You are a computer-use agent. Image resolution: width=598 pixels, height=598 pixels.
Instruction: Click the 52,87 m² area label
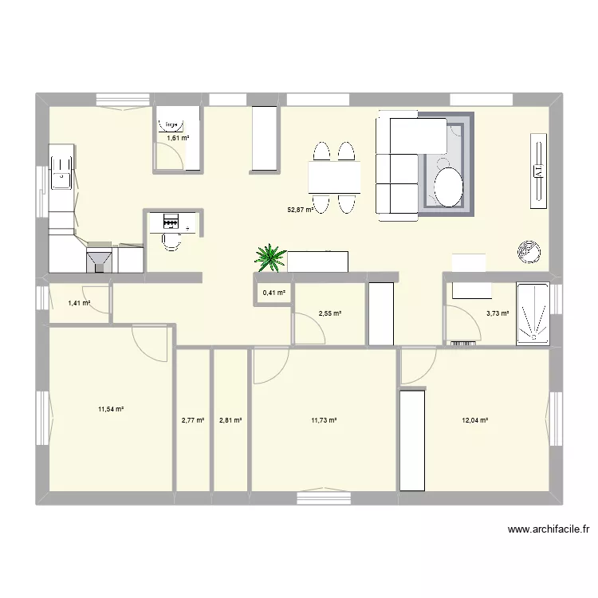pyautogui.click(x=299, y=210)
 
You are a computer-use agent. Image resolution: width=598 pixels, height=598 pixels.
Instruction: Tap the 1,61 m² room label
pyautogui.click(x=178, y=138)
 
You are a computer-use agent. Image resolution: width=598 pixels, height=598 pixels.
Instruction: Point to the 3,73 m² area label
pyautogui.click(x=498, y=314)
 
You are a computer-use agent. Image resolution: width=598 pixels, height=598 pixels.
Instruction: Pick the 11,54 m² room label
pyautogui.click(x=111, y=409)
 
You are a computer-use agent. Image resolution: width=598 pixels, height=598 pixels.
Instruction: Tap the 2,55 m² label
pyautogui.click(x=329, y=314)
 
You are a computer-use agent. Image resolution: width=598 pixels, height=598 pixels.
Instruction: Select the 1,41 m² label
pyautogui.click(x=79, y=303)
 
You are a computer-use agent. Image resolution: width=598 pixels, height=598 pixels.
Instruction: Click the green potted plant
pyautogui.click(x=270, y=257)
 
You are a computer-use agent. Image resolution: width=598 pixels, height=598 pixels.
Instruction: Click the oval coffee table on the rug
pyautogui.click(x=449, y=187)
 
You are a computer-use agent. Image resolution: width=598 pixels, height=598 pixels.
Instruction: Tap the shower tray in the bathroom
pyautogui.click(x=533, y=313)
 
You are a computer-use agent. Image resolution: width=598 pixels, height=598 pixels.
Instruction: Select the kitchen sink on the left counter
pyautogui.click(x=61, y=171)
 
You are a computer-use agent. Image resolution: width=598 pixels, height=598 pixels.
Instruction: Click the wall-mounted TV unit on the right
pyautogui.click(x=539, y=169)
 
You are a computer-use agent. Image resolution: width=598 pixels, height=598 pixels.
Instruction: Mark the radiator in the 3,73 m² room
pyautogui.click(x=462, y=344)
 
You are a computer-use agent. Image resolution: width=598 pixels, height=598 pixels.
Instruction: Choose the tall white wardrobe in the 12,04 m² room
pyautogui.click(x=411, y=439)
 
